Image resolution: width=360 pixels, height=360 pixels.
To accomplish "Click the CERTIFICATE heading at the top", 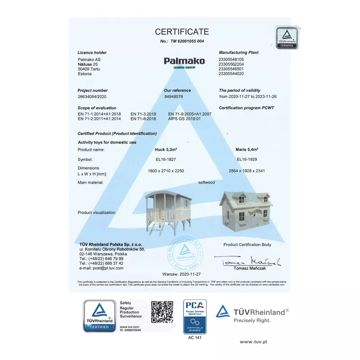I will click(182, 31).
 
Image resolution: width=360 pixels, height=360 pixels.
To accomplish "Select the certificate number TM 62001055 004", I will click(182, 41).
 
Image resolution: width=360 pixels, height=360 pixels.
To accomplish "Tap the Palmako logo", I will click(184, 61).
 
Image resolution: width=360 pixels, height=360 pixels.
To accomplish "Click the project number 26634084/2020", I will click(92, 96).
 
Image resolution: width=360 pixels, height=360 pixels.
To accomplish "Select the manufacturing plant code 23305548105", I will click(231, 59).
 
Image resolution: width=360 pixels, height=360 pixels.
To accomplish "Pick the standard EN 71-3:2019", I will click(143, 114).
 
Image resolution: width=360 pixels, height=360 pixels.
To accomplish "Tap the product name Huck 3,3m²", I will click(166, 149).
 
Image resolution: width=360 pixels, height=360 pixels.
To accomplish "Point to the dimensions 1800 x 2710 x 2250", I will click(166, 171).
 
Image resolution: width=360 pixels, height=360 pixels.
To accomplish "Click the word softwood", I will click(207, 183).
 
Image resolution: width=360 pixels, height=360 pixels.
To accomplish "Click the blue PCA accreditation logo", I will click(194, 316).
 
